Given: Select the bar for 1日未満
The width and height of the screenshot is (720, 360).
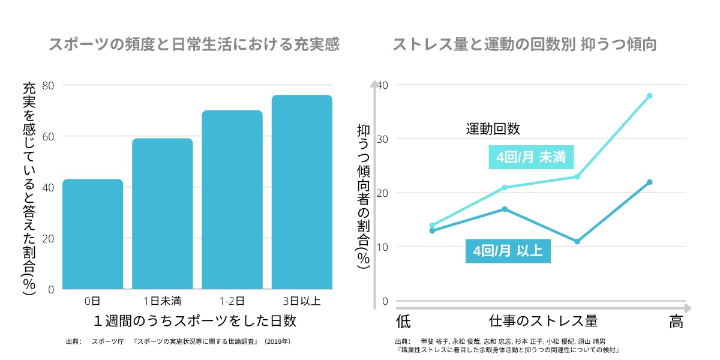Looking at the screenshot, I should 162,214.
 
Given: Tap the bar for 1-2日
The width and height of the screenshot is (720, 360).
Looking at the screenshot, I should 232,200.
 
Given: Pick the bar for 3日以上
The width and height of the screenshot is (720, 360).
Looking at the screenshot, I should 302,192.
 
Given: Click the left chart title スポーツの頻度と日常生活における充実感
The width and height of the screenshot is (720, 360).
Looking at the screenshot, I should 194,45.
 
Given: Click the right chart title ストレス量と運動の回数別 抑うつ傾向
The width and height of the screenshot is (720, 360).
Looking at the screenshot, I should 525,45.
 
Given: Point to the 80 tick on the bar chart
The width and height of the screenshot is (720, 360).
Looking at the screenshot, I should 48,85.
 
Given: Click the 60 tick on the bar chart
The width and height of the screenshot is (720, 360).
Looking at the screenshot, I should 48,136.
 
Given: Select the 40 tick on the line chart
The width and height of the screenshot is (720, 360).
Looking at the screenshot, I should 382,85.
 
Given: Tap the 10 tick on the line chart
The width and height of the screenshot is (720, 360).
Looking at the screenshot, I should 382,247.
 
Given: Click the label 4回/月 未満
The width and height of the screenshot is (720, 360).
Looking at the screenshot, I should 531,158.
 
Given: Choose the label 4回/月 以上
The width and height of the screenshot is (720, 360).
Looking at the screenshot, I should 508,251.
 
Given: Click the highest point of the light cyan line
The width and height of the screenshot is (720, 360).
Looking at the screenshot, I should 649,95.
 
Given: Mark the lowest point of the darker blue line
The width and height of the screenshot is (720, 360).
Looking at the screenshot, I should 577,242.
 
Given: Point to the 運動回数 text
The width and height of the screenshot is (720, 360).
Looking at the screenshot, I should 493,129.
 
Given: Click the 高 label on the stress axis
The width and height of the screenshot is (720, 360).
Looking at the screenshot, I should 676,322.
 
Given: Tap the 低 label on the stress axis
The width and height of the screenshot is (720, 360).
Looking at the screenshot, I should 403,322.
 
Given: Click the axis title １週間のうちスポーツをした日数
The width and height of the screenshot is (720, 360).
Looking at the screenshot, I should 195,320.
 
